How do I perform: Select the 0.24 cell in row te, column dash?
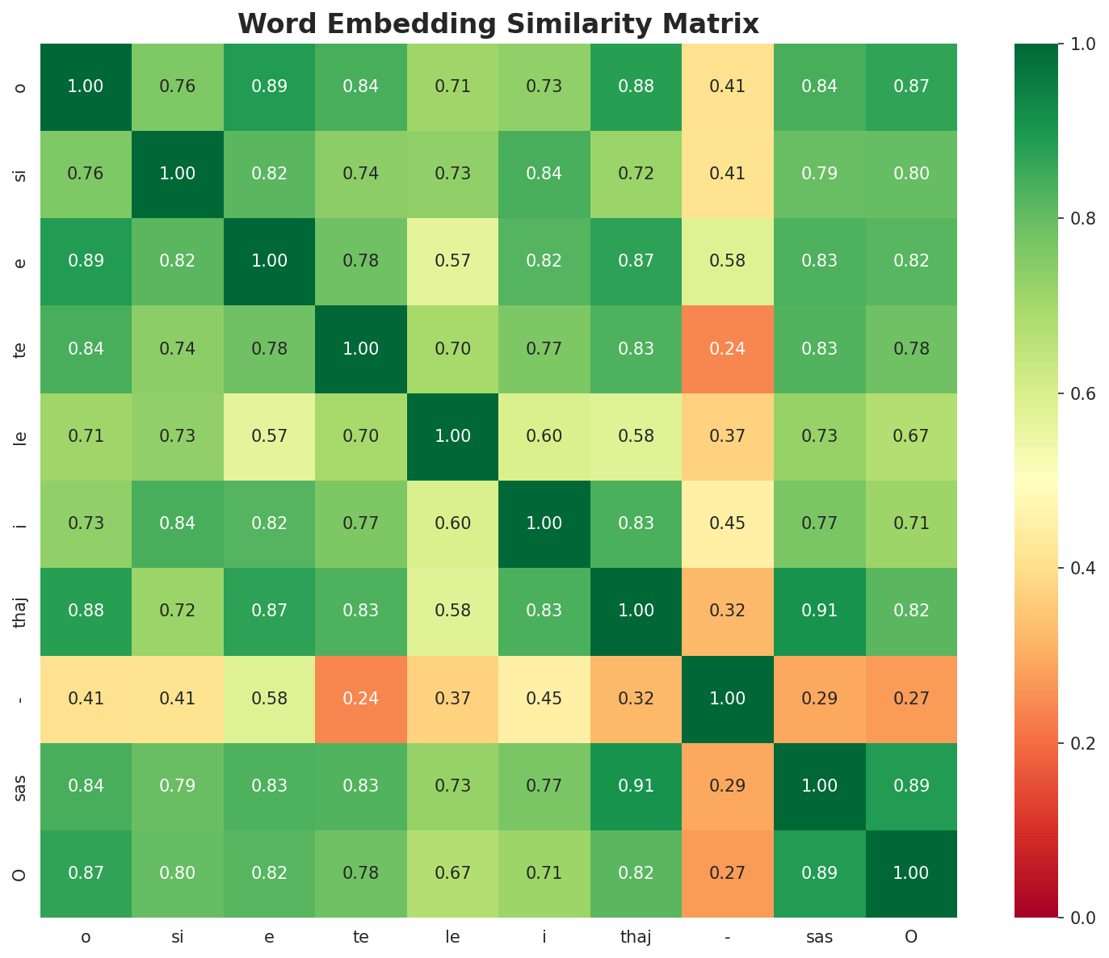point(728,349)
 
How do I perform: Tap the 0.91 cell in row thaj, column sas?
point(819,611)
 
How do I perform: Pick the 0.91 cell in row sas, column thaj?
point(636,785)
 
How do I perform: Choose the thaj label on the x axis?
point(636,937)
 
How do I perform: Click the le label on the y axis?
point(20,437)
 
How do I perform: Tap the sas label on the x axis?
point(819,937)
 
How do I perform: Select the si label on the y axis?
point(20,174)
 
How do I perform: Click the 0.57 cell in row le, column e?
point(269,436)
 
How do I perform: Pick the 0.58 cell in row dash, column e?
point(269,698)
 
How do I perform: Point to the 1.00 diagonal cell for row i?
point(544,523)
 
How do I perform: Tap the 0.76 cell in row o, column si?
point(178,86)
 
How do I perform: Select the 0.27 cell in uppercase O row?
point(728,872)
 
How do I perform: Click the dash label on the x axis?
point(728,937)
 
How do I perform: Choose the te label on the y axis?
point(20,349)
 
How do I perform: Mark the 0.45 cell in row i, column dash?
point(728,523)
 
